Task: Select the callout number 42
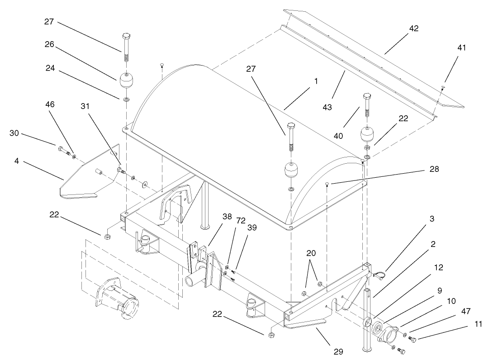(414, 28)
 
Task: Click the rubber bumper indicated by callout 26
(126, 81)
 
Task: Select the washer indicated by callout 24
(126, 98)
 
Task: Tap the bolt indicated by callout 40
(367, 108)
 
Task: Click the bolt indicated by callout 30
(62, 148)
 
